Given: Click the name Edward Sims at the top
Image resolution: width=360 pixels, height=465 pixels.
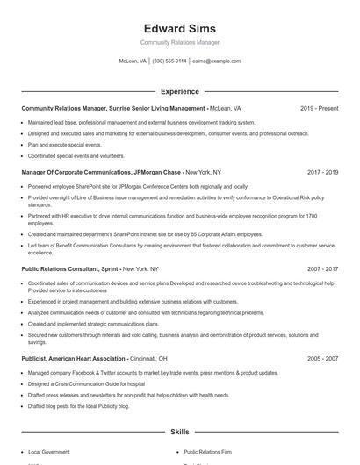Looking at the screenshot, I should click(x=179, y=29).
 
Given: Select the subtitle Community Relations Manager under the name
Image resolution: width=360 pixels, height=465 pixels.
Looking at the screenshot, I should click(x=179, y=43).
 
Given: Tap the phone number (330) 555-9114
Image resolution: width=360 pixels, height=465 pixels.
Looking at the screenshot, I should click(x=169, y=61).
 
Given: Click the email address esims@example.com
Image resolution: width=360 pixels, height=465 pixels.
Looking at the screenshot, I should click(x=217, y=61).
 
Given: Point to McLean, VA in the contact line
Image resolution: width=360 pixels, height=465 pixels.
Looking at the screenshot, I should click(x=133, y=61).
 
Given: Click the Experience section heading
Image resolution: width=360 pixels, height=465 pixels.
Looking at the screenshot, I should click(x=179, y=91).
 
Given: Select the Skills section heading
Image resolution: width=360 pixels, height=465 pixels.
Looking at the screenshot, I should click(x=179, y=433).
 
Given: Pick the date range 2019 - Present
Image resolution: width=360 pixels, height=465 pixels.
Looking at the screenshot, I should click(x=319, y=108).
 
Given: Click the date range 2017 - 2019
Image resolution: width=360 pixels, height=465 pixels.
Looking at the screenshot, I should click(x=323, y=173).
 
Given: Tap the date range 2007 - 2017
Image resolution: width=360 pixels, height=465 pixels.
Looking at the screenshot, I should click(x=323, y=269).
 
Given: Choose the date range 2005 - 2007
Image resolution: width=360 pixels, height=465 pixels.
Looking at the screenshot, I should click(x=323, y=358).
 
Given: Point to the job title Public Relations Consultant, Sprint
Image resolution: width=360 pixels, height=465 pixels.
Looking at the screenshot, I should click(x=70, y=269).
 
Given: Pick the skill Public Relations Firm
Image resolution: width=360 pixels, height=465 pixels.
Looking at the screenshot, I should click(x=208, y=453).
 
